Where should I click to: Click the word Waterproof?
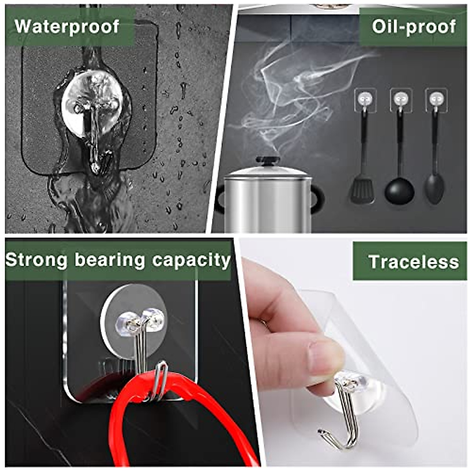(x=67, y=27)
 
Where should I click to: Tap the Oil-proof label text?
(x=414, y=27)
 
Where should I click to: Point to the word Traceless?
(x=414, y=262)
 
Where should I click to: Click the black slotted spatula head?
(x=362, y=190)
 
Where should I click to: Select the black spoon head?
(x=434, y=188)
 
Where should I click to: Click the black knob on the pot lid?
(x=268, y=161)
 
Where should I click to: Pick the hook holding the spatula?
(x=365, y=100)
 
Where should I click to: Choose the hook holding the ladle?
(x=401, y=100)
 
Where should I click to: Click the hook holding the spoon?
(x=436, y=100)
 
